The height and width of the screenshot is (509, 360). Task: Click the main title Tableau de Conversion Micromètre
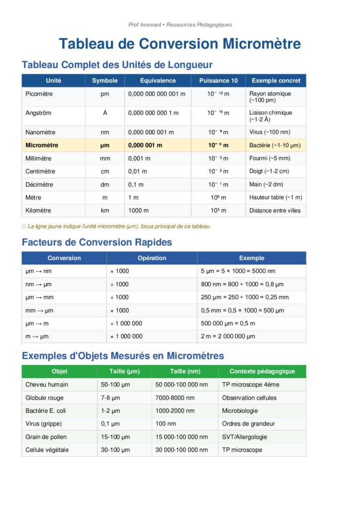tap(180, 44)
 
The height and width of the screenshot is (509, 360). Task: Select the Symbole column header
tap(105, 81)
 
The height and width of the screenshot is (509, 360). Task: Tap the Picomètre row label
tap(39, 93)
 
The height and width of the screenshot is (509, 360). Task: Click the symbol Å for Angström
tap(105, 113)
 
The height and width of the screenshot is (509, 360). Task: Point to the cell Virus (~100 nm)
tap(270, 132)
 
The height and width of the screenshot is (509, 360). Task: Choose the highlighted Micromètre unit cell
tap(42, 145)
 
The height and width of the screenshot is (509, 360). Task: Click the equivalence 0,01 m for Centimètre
tap(138, 171)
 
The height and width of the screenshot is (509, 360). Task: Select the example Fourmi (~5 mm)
tap(270, 159)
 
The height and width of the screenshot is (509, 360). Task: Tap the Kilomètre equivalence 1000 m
tap(139, 210)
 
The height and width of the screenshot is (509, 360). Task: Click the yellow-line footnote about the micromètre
tap(119, 226)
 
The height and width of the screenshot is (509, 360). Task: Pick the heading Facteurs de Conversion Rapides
tap(97, 243)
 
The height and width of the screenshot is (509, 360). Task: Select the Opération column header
tap(152, 258)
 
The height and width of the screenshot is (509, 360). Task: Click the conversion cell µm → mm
tap(39, 297)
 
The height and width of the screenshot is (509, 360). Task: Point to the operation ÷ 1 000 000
tap(126, 323)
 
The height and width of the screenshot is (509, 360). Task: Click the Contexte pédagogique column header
tap(262, 371)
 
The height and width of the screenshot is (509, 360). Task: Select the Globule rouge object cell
tap(44, 398)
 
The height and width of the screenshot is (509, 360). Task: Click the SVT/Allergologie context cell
tap(244, 437)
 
